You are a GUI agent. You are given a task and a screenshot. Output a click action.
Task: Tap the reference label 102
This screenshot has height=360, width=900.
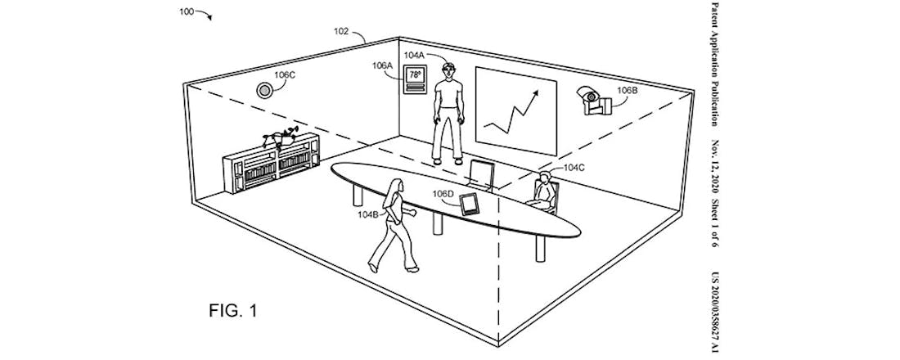342,32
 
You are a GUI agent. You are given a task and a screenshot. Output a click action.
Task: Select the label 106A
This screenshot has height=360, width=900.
381,65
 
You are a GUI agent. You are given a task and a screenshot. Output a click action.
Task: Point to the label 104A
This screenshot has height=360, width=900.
414,56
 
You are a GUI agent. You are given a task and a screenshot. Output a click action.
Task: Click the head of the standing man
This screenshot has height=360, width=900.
447,70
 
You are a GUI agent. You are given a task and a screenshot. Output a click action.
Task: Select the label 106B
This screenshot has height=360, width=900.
626,91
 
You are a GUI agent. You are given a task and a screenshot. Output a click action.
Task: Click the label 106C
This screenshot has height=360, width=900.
285,74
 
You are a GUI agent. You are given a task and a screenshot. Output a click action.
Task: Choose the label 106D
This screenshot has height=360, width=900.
443,194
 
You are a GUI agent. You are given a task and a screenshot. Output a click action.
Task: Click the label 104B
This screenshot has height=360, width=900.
368,214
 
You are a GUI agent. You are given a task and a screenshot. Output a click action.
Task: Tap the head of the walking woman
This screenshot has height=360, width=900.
398,187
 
